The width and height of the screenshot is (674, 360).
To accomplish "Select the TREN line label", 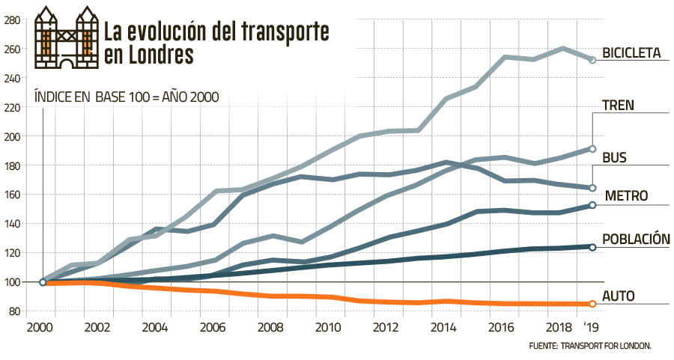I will pyautogui.click(x=619, y=106).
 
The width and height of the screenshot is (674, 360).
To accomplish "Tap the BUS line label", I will pyautogui.click(x=614, y=157).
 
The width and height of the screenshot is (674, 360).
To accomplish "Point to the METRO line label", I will pyautogui.click(x=625, y=197).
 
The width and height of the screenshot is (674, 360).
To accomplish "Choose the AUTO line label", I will pyautogui.click(x=619, y=296).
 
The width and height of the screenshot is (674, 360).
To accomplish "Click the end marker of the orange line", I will pyautogui.click(x=592, y=304).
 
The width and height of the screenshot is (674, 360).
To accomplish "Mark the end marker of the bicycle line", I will pyautogui.click(x=592, y=60).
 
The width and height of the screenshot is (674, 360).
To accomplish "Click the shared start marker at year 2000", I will pyautogui.click(x=43, y=282).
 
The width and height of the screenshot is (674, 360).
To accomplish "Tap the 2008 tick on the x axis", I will pyautogui.click(x=268, y=329).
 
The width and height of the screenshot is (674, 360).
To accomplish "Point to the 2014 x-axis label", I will pyautogui.click(x=442, y=329).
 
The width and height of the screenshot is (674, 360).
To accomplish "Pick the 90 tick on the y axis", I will pyautogui.click(x=16, y=311).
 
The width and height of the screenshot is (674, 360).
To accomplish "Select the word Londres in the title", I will pyautogui.click(x=157, y=55).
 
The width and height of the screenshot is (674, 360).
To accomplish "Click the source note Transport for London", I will pyautogui.click(x=591, y=347).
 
